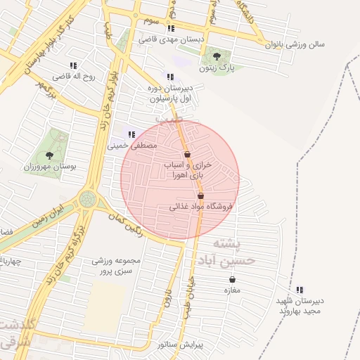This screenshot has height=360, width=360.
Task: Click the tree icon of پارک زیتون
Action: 216,56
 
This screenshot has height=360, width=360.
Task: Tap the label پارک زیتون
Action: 216,69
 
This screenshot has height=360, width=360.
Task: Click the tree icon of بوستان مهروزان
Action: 49,155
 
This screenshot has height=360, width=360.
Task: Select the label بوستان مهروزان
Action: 49,167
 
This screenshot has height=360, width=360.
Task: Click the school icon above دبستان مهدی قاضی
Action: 171,29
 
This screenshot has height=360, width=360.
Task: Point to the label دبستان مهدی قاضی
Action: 171,40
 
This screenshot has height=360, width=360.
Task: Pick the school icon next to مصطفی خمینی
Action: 131,134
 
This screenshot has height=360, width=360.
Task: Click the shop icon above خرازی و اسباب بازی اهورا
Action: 187,155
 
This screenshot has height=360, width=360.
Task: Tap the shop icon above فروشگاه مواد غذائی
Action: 200,196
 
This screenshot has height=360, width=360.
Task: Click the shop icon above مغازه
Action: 232,279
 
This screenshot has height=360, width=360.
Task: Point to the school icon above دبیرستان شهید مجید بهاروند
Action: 300,289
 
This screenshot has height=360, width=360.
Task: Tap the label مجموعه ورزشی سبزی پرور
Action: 116,266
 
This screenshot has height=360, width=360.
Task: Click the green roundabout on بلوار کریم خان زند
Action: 88,199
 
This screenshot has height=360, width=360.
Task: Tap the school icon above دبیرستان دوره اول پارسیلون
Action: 169,77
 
